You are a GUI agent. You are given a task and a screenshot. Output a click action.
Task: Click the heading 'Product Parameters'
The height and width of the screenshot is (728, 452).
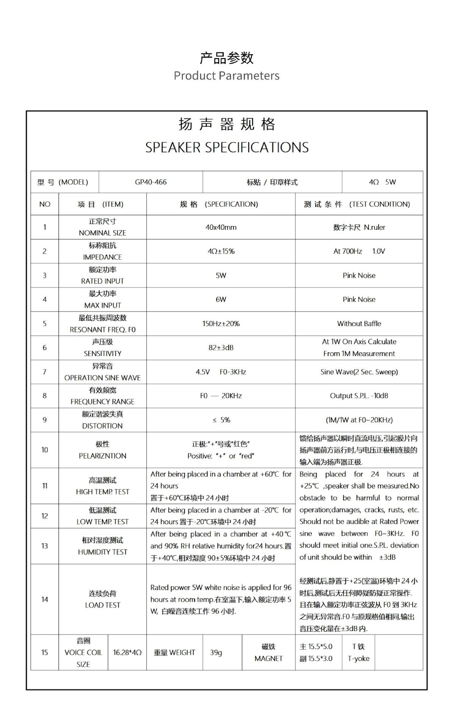tap(226, 75)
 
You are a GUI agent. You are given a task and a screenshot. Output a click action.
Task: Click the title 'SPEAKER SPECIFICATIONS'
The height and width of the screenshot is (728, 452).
tap(227, 147)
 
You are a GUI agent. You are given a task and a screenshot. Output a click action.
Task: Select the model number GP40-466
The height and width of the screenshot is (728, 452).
tap(150, 182)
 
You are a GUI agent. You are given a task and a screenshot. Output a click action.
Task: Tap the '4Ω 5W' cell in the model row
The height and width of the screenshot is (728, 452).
tap(382, 182)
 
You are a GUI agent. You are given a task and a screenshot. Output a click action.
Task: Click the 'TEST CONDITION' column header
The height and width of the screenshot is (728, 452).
tap(379, 204)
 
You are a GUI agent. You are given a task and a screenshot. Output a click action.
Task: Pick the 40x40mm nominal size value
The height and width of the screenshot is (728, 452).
tap(221, 227)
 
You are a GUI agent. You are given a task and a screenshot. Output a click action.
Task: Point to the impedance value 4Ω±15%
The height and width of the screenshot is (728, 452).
tap(221, 251)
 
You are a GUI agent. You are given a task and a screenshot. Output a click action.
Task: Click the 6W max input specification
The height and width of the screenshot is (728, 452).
tap(221, 299)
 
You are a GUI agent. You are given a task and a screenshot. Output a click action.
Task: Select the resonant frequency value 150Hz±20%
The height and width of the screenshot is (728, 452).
tap(221, 323)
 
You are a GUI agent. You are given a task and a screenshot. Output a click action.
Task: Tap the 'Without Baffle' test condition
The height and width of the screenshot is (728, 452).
tap(359, 323)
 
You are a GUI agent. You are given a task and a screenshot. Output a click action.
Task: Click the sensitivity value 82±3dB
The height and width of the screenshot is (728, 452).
tap(221, 347)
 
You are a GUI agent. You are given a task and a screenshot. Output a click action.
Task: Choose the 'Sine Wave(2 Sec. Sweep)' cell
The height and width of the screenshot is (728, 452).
tap(359, 372)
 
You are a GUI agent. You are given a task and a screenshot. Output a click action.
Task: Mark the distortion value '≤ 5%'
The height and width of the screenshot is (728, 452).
tap(221, 420)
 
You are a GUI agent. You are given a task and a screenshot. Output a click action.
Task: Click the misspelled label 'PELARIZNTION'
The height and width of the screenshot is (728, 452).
tap(102, 456)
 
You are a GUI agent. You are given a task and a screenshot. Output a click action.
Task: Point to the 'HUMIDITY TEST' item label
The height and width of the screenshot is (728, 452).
tap(102, 552)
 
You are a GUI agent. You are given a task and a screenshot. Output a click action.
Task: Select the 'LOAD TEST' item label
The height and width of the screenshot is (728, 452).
tap(102, 605)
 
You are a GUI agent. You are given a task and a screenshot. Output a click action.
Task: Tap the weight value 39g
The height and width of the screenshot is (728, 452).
tap(216, 652)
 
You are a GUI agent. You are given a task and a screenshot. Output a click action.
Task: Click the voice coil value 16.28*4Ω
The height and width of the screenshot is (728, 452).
tap(127, 652)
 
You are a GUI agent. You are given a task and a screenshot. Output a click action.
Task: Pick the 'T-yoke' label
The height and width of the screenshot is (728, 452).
tap(358, 658)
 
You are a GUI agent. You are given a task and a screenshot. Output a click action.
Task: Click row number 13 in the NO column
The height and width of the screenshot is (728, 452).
tap(44, 546)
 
